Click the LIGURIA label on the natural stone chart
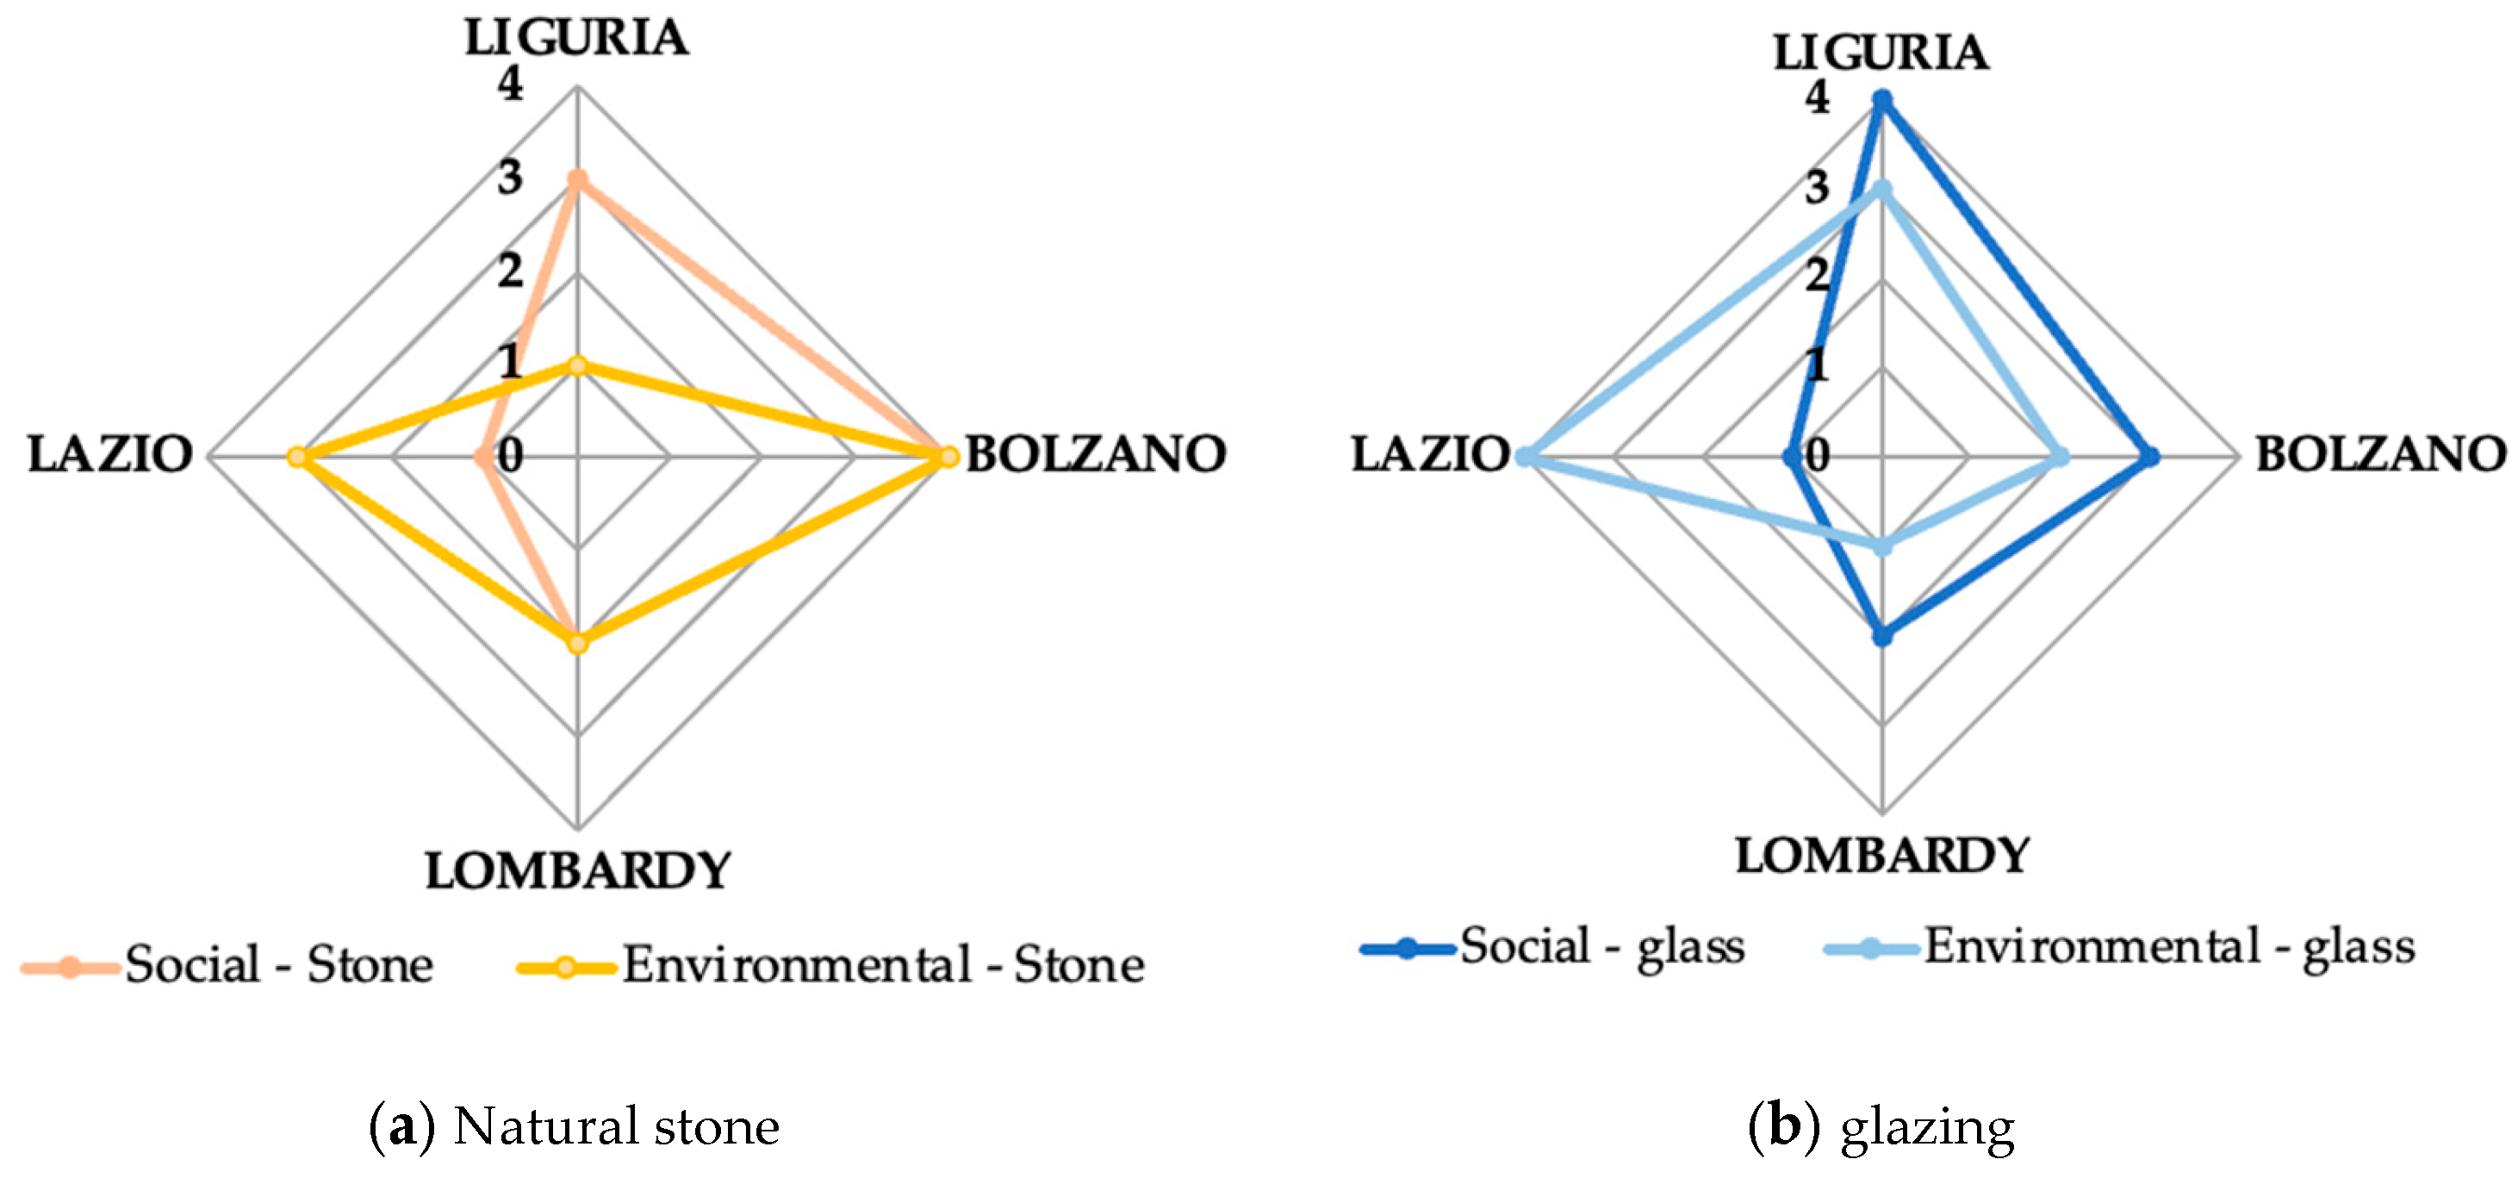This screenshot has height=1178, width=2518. point(575,39)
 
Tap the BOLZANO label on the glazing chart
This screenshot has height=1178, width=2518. point(2380,455)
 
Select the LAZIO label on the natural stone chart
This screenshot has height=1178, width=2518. point(109,455)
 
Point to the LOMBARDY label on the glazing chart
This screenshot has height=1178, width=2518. point(1881,857)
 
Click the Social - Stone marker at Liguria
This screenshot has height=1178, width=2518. point(578,180)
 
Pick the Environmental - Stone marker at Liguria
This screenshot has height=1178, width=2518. point(578,366)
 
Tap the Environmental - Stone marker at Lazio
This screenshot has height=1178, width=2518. point(297,457)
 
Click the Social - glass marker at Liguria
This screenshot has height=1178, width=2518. point(1881,100)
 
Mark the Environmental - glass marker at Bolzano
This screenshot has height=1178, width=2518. point(2061,457)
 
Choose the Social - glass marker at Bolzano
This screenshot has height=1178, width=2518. point(2150,457)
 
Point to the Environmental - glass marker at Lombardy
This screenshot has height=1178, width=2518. point(1881,546)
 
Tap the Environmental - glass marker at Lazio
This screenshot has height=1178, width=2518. point(1525,457)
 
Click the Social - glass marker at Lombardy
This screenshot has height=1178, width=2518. point(1881,637)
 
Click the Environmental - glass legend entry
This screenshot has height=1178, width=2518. point(2119,946)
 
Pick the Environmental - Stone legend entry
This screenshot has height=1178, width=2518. point(830,966)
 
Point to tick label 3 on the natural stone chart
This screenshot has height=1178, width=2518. point(509,178)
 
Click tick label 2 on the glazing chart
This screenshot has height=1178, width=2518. point(1816,275)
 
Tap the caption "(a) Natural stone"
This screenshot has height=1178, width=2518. point(575,1126)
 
